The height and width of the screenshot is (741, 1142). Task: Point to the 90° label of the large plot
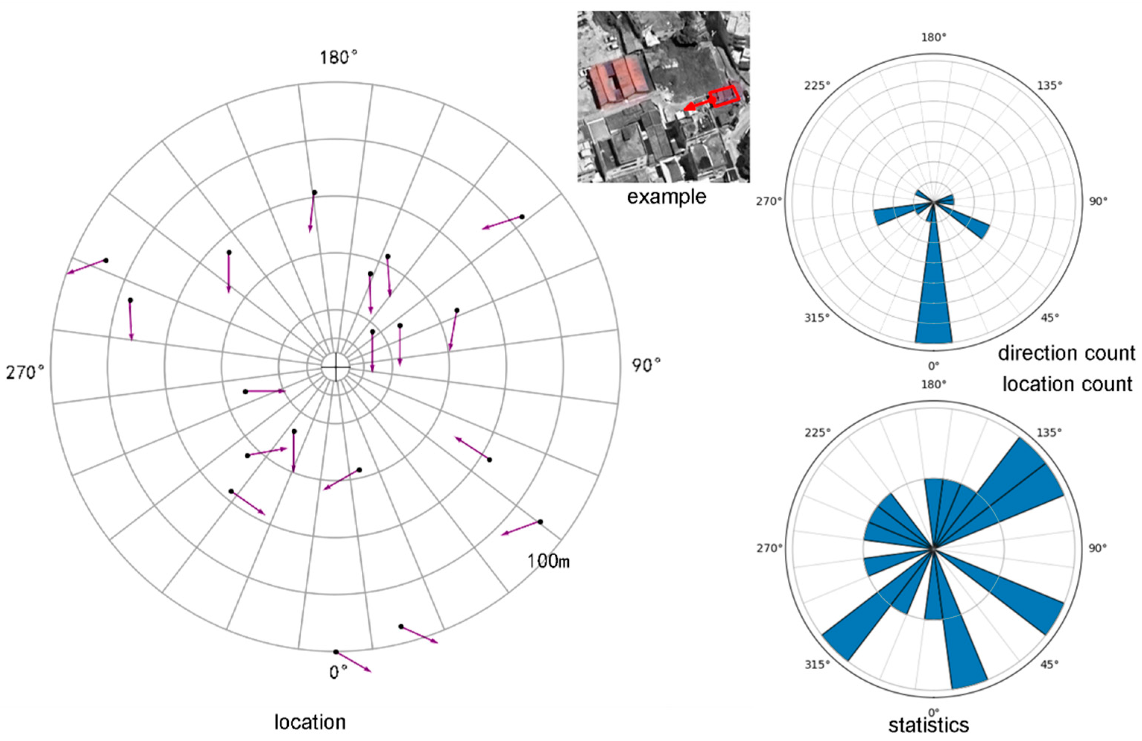tap(646, 365)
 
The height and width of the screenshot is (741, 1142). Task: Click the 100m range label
tap(548, 561)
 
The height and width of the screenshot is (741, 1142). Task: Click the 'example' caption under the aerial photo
tap(666, 197)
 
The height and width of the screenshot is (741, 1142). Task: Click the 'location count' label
tap(1067, 384)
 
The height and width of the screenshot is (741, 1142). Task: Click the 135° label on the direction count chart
tap(1050, 85)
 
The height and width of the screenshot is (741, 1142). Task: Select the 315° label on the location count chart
tap(817, 665)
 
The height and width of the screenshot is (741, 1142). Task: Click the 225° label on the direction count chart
tap(817, 85)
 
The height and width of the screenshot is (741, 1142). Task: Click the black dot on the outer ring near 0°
tap(336, 652)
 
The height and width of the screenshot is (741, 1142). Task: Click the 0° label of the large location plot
tap(338, 672)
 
